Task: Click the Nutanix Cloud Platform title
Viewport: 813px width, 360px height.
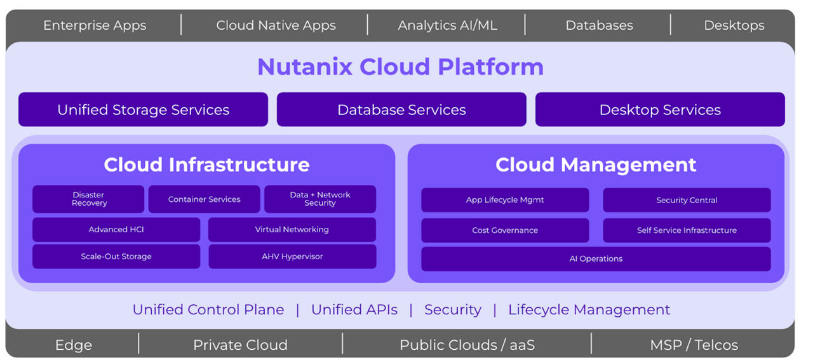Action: [x=400, y=67]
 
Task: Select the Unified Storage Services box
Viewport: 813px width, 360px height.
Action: [x=143, y=110]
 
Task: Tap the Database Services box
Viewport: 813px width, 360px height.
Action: [x=401, y=110]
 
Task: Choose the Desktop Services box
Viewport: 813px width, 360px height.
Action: [x=660, y=110]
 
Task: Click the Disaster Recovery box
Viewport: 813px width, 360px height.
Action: [x=88, y=199]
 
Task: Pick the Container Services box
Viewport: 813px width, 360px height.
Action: [x=204, y=199]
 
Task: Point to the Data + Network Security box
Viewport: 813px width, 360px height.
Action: [x=319, y=199]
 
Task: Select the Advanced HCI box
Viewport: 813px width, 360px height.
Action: [x=116, y=230]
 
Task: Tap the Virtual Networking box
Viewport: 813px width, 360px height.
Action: [x=292, y=230]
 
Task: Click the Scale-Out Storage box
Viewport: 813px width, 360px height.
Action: [x=116, y=257]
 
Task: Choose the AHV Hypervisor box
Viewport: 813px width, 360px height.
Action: [x=292, y=257]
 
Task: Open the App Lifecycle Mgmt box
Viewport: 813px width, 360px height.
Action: [x=505, y=200]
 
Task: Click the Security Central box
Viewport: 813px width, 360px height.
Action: [x=687, y=200]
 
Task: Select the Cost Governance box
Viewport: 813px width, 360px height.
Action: [x=505, y=230]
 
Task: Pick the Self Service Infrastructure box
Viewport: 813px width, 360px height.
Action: [x=687, y=230]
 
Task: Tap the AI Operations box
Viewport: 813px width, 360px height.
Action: [x=596, y=259]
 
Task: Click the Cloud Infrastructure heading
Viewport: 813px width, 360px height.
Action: [x=206, y=165]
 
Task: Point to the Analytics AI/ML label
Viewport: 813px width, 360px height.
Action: [x=447, y=25]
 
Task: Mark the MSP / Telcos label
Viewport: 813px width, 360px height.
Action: [x=694, y=345]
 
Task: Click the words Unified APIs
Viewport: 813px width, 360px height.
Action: [x=354, y=310]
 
